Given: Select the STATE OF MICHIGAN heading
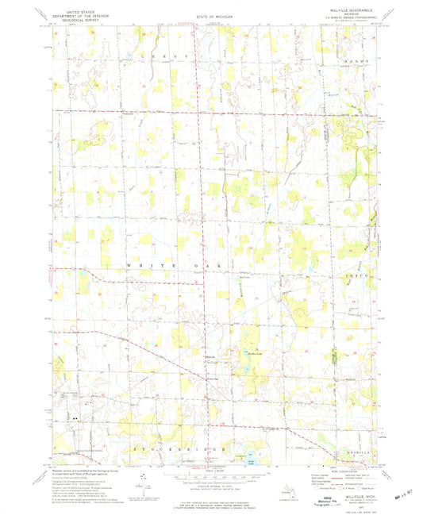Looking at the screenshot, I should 211,15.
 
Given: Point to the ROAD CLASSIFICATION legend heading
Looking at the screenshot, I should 341,469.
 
